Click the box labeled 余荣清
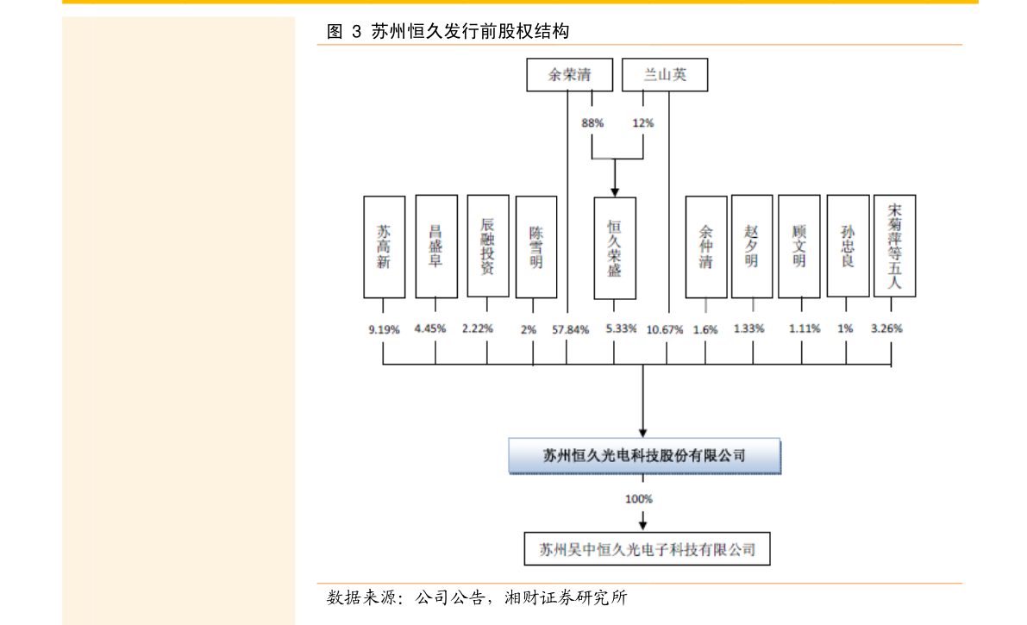(x=570, y=75)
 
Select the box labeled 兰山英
(x=665, y=75)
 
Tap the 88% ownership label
(x=592, y=123)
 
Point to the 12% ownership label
(x=643, y=123)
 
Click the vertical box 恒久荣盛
(x=615, y=248)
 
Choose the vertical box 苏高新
(x=384, y=247)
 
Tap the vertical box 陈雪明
(x=536, y=247)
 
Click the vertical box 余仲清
(x=706, y=247)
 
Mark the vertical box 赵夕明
(x=752, y=247)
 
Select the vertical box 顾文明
(x=799, y=247)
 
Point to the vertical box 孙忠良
(x=848, y=247)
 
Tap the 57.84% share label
(x=571, y=329)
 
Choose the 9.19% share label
(x=384, y=329)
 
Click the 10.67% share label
(x=665, y=329)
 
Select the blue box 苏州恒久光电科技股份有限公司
(x=644, y=456)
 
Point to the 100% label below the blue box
(x=639, y=499)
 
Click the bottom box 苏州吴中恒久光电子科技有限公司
(x=647, y=549)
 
